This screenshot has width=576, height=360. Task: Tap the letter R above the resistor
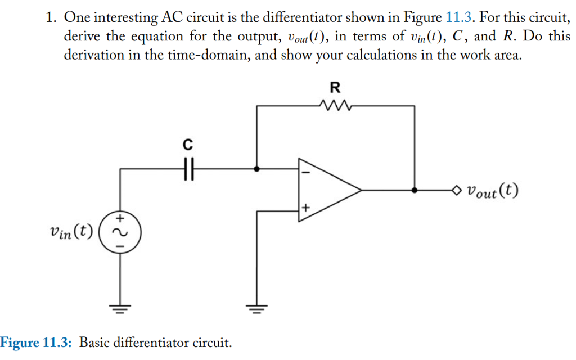click(335, 87)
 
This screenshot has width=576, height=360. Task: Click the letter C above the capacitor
click(188, 145)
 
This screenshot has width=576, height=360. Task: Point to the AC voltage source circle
click(120, 231)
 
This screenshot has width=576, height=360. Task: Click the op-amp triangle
click(326, 190)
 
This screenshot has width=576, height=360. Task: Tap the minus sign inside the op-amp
click(306, 172)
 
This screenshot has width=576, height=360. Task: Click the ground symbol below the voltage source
click(120, 308)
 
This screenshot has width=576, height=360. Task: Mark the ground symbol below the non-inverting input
click(257, 308)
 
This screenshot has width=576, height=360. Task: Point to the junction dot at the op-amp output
click(415, 190)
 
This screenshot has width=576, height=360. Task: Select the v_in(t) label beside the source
click(71, 231)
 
